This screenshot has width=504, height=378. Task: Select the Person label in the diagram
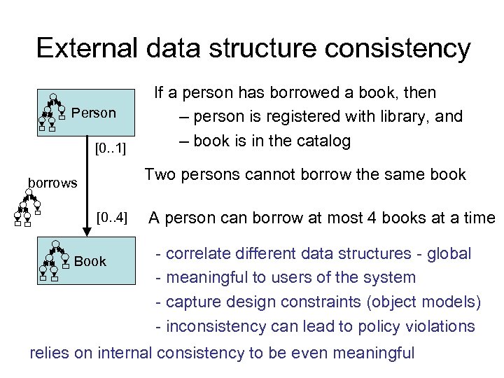(94, 113)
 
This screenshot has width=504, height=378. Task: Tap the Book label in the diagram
(90, 261)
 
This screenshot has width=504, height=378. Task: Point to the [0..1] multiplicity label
(111, 148)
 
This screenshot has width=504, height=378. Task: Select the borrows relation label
(52, 183)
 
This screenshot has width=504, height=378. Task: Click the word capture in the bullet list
(192, 302)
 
